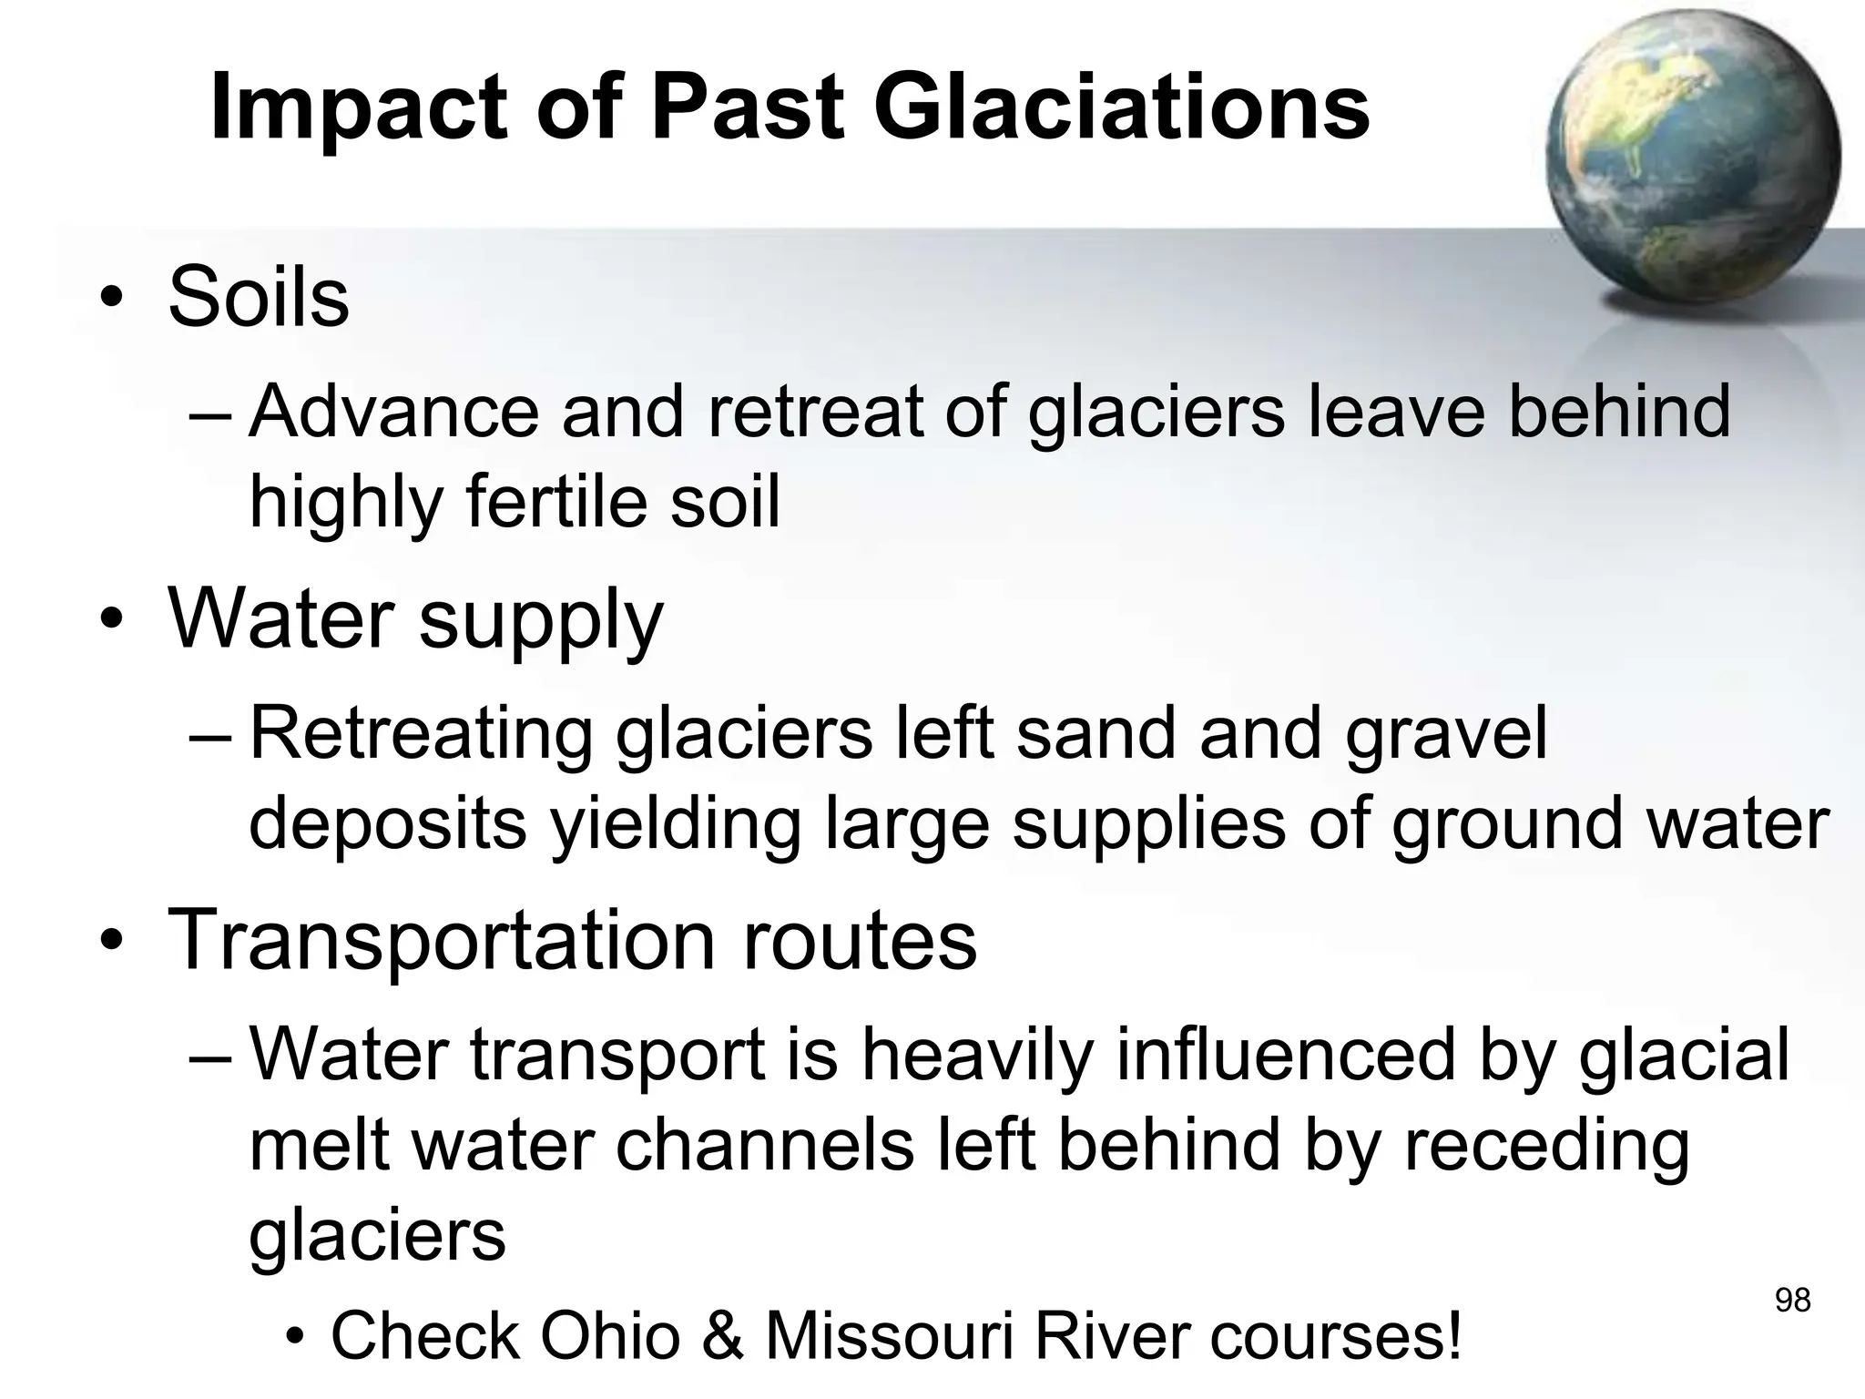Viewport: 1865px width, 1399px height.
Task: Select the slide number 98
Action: click(1792, 1300)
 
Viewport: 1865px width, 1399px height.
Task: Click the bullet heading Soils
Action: click(259, 297)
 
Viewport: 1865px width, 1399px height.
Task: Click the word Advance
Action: click(393, 412)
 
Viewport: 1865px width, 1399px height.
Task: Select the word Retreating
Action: click(421, 733)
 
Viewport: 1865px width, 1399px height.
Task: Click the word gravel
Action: click(1446, 733)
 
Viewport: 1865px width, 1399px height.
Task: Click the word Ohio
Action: click(610, 1335)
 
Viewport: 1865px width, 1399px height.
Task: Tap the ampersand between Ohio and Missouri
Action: click(723, 1335)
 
